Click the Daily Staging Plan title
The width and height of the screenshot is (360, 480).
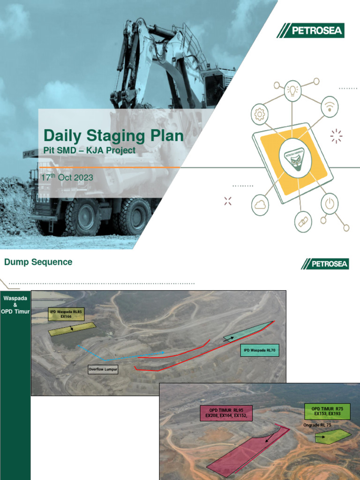(x=113, y=136)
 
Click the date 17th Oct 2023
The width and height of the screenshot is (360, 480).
(x=67, y=178)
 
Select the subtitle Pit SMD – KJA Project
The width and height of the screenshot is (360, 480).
(x=90, y=150)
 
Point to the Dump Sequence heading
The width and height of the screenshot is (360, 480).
(x=38, y=262)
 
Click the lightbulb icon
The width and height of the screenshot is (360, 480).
(x=294, y=89)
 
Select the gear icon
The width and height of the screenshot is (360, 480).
(x=260, y=114)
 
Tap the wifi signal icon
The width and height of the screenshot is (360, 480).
(x=330, y=107)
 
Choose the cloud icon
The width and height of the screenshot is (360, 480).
(x=260, y=204)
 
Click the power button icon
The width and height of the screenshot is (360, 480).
(x=330, y=204)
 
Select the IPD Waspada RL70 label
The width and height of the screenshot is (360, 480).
(x=260, y=350)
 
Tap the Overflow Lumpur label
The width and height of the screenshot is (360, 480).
(x=103, y=369)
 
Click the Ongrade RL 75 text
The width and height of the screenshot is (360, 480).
(x=317, y=425)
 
